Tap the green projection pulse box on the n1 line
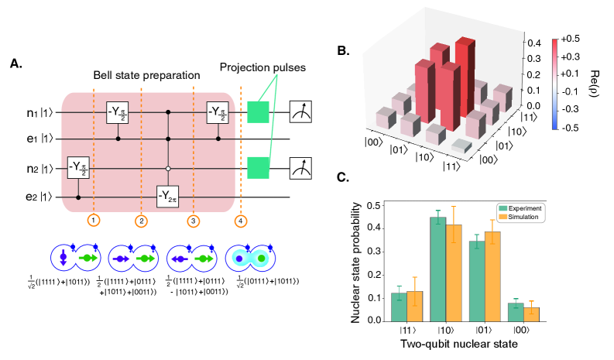(x=258, y=113)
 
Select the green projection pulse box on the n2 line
(x=258, y=166)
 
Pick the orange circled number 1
(x=92, y=221)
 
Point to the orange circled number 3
(x=194, y=221)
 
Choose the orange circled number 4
(x=240, y=221)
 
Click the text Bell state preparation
(x=147, y=76)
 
